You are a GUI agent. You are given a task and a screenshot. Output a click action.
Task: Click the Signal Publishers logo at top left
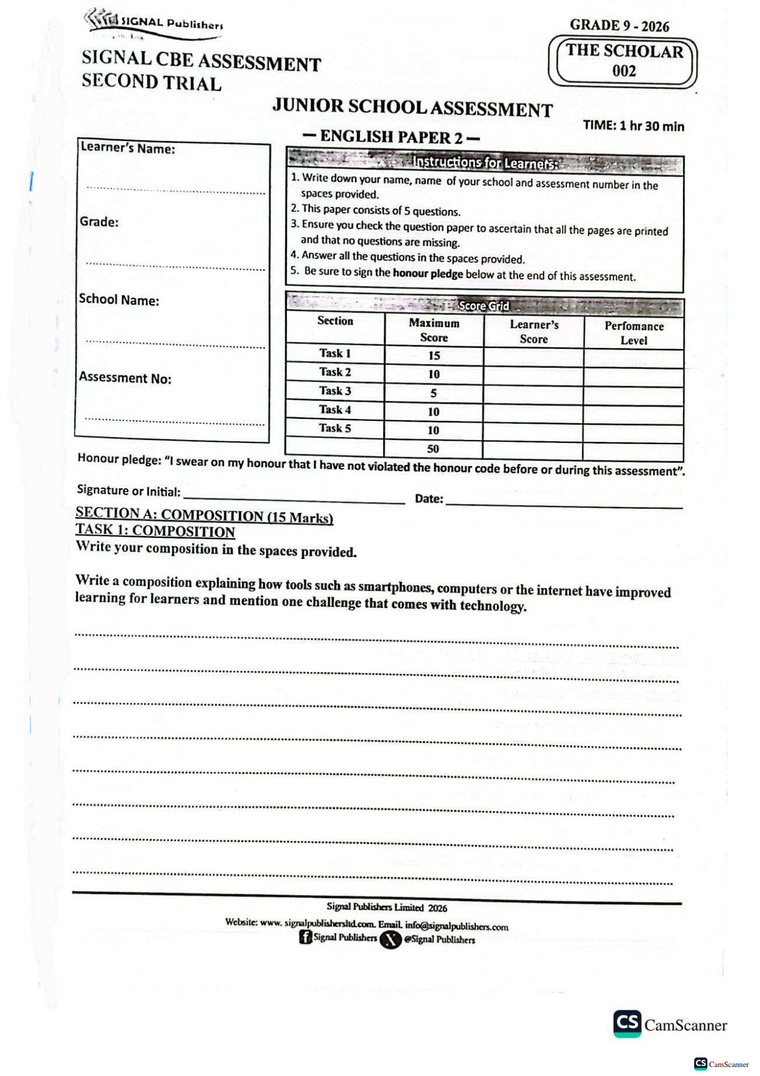[x=152, y=24]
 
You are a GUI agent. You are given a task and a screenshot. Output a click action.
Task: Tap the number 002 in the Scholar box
[x=624, y=71]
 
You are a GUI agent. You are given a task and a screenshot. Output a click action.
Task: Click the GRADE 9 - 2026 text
[x=619, y=26]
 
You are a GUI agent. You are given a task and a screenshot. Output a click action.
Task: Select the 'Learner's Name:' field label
[x=128, y=148]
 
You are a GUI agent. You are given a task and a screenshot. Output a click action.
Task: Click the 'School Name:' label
[x=119, y=299]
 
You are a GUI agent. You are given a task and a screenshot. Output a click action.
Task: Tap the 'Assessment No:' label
[x=125, y=378]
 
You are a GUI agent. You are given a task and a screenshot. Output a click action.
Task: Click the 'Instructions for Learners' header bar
[x=484, y=163]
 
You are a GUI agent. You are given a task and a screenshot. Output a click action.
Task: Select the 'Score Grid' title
[x=484, y=306]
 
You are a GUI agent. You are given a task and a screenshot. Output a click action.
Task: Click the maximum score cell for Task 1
[x=434, y=356]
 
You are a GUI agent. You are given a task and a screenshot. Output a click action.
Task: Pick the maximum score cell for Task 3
[x=434, y=393]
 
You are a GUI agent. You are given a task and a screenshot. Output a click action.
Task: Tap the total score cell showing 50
[x=433, y=449]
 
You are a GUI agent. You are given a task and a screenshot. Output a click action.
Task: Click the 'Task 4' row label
[x=335, y=410]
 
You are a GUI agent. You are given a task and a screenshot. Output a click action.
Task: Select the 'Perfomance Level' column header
[x=634, y=333]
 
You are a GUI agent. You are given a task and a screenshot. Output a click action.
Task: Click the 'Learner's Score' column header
[x=534, y=332]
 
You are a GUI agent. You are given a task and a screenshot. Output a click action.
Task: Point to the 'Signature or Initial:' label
[x=129, y=491]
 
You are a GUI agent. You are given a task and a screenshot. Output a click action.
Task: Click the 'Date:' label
[x=429, y=499]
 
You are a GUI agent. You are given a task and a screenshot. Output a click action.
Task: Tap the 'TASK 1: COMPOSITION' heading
[x=155, y=531]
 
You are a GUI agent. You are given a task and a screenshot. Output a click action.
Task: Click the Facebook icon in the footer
[x=306, y=937]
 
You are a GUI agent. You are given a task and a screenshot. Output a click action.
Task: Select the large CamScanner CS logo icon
[x=627, y=1023]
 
